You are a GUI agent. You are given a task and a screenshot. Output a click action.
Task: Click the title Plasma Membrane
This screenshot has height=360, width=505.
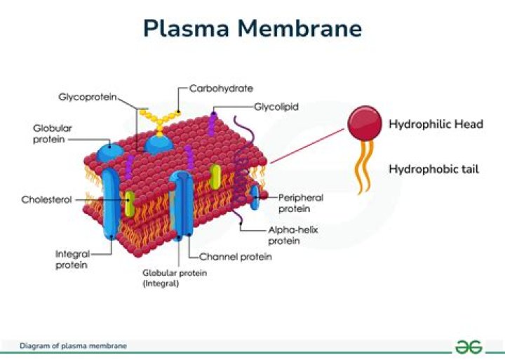(252, 28)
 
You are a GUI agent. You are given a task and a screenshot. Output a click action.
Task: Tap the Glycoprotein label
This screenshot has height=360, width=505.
(87, 96)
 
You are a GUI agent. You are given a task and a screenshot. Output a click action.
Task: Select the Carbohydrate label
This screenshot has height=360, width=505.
(221, 89)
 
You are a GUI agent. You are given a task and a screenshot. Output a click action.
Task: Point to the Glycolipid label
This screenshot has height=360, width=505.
(276, 107)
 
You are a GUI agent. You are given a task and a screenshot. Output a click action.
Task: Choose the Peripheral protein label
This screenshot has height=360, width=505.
(300, 204)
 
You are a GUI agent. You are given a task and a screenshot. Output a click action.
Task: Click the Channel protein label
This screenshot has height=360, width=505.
(236, 257)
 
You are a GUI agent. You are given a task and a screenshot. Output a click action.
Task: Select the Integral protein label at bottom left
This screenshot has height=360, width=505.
(72, 259)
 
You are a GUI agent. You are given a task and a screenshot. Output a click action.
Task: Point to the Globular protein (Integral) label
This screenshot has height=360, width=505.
(175, 278)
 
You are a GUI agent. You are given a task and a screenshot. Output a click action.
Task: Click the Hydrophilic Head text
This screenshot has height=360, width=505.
(436, 124)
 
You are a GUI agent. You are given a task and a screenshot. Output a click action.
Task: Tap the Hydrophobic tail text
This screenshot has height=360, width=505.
(433, 169)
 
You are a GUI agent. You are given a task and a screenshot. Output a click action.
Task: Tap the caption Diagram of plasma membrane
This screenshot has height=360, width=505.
(74, 346)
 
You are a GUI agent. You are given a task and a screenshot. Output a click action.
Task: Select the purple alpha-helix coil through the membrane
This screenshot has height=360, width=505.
(241, 168)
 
